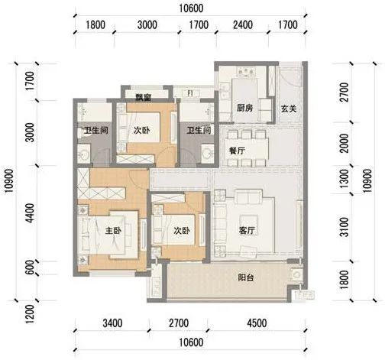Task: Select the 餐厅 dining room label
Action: click(x=235, y=151)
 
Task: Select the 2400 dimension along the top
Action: click(x=242, y=24)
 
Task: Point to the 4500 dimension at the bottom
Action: click(x=255, y=323)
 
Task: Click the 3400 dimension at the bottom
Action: click(x=112, y=323)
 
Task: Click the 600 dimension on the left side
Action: click(x=30, y=267)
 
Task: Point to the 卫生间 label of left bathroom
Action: click(x=95, y=131)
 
